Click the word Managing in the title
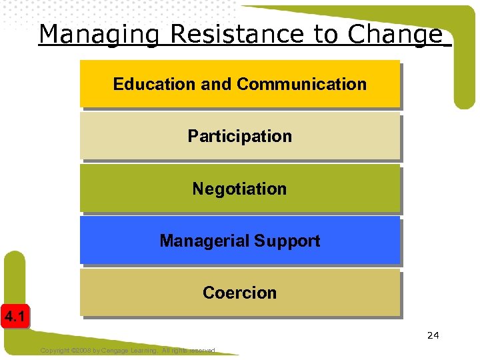(99, 34)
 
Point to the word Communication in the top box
(301, 85)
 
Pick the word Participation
(239, 137)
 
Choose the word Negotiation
(239, 189)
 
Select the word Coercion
(239, 293)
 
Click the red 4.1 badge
(14, 317)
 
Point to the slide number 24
(433, 335)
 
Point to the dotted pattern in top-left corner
(17, 17)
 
